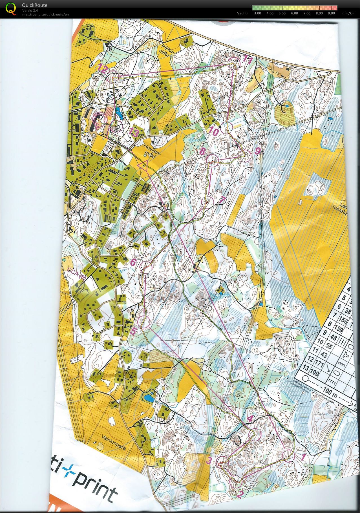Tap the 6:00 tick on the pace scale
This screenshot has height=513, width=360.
[x=294, y=13]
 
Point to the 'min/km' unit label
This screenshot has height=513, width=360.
[x=348, y=13]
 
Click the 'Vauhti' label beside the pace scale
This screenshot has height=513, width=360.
[x=242, y=13]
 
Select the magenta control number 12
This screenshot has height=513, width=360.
[x=102, y=68]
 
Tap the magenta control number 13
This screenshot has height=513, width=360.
[x=134, y=133]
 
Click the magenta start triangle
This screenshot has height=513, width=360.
[x=143, y=165]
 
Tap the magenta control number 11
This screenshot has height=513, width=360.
[x=247, y=59]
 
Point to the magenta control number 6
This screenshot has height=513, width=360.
[x=133, y=262]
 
